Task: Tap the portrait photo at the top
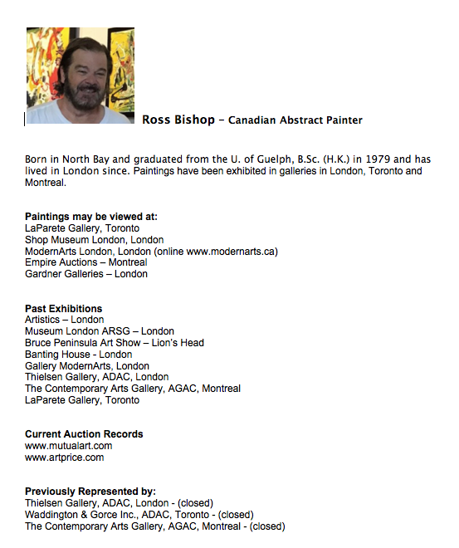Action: (80, 76)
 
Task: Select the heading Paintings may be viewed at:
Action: (90, 217)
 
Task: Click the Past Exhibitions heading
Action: (63, 308)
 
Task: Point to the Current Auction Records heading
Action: (84, 434)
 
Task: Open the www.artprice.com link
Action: (64, 457)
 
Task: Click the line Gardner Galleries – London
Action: (85, 274)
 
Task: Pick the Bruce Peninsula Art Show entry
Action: (114, 342)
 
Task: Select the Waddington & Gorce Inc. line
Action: (139, 515)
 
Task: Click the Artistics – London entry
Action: (64, 320)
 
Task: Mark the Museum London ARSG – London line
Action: (99, 331)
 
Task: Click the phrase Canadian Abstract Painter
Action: (295, 120)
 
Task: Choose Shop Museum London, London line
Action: (94, 239)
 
